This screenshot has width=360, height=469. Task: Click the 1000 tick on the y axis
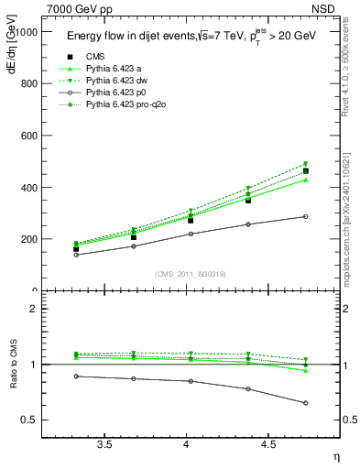37,31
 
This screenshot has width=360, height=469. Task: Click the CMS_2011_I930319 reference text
187,273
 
